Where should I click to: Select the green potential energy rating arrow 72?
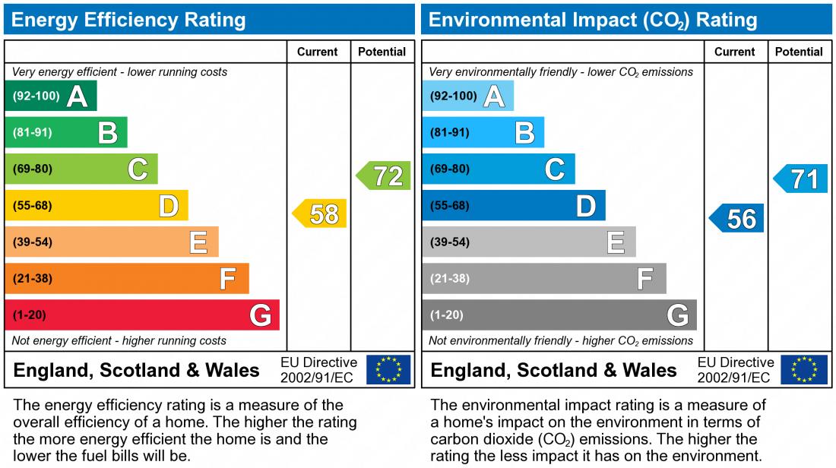[385, 176]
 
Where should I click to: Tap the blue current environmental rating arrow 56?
[738, 219]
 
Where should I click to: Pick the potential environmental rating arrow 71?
[802, 179]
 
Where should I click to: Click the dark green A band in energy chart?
[51, 96]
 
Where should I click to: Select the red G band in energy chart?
[142, 315]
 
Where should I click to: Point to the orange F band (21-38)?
[127, 279]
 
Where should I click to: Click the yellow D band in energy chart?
[97, 206]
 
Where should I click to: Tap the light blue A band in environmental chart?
[468, 96]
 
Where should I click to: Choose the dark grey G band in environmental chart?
[559, 315]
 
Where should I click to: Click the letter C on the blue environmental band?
[555, 169]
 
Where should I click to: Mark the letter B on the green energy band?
[108, 133]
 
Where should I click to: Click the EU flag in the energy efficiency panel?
[388, 370]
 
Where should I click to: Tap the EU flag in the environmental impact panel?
[805, 370]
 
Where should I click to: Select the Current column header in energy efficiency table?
[318, 52]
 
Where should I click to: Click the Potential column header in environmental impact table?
[799, 52]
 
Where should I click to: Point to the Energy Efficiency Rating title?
[129, 20]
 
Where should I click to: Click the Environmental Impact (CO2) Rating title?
[593, 20]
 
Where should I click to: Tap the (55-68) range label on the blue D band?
[450, 206]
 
